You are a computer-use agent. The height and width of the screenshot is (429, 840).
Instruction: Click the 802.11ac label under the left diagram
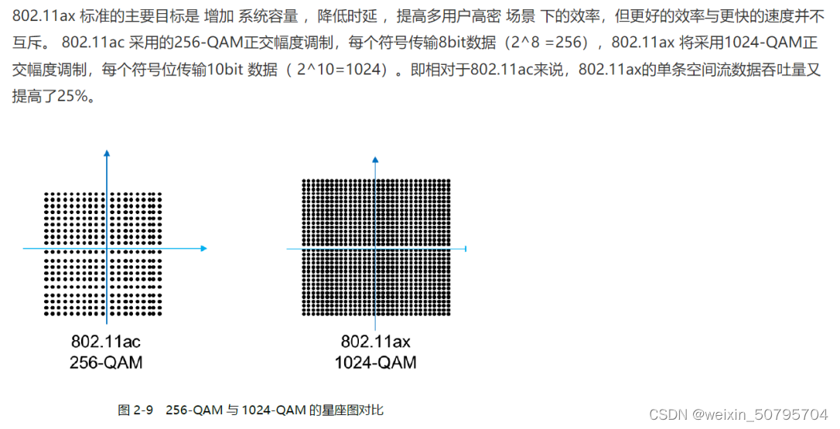point(106,342)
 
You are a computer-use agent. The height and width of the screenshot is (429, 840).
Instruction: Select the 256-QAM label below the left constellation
point(106,362)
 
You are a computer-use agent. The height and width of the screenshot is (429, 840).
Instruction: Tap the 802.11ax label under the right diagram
point(375,342)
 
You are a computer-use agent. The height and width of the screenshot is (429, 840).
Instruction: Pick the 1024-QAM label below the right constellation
point(375,363)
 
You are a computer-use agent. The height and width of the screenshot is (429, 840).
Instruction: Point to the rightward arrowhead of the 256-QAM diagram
point(203,248)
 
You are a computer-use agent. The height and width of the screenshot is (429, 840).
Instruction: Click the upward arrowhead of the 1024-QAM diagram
point(375,159)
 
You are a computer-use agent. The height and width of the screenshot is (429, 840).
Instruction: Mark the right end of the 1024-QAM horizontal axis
point(466,249)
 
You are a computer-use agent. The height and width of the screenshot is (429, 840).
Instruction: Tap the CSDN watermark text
point(666,414)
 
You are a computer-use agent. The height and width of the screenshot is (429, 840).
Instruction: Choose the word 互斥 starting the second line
point(27,42)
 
